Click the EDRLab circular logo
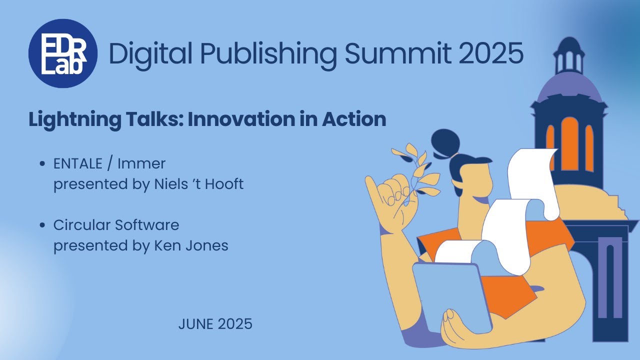tap(63, 53)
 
